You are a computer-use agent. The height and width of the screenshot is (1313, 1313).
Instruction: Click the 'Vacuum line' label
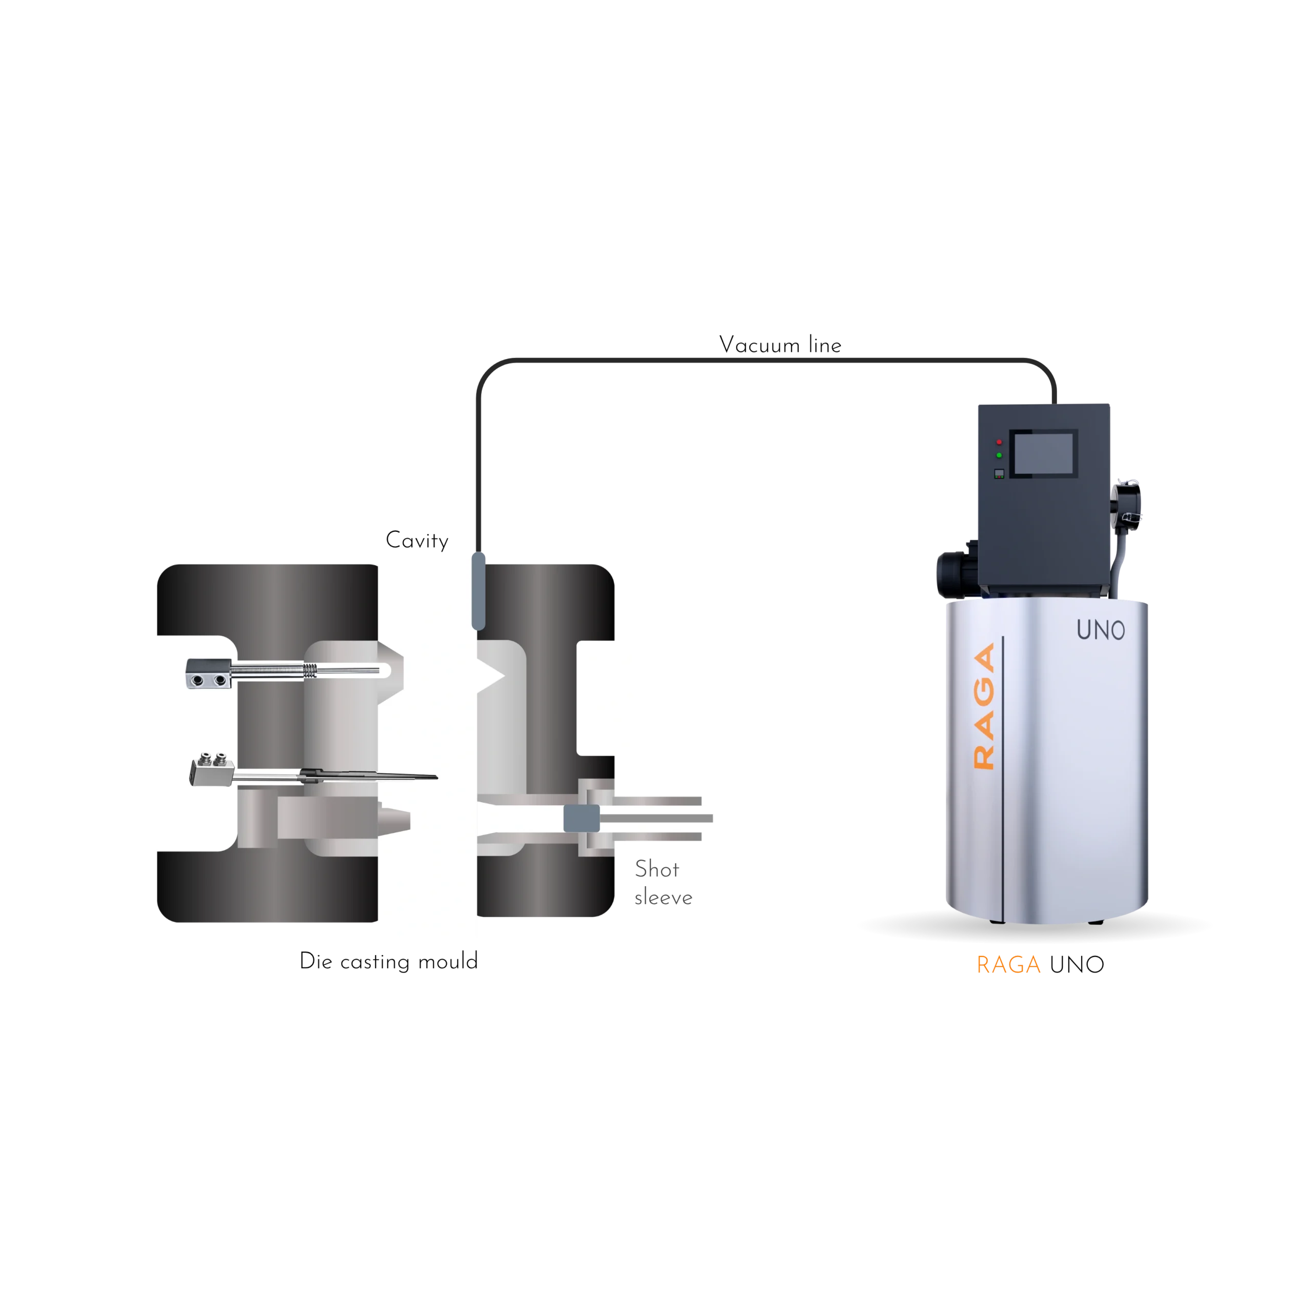pyautogui.click(x=780, y=345)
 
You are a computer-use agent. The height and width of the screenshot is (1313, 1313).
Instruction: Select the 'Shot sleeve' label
pyautogui.click(x=663, y=883)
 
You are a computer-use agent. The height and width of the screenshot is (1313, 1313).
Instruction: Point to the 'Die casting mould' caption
pyautogui.click(x=389, y=961)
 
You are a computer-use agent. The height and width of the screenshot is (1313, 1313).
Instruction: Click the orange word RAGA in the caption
pyautogui.click(x=1008, y=965)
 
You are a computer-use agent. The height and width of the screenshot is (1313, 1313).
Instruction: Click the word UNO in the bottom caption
pyautogui.click(x=1077, y=965)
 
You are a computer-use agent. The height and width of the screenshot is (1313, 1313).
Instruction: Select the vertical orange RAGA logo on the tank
pyautogui.click(x=984, y=706)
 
